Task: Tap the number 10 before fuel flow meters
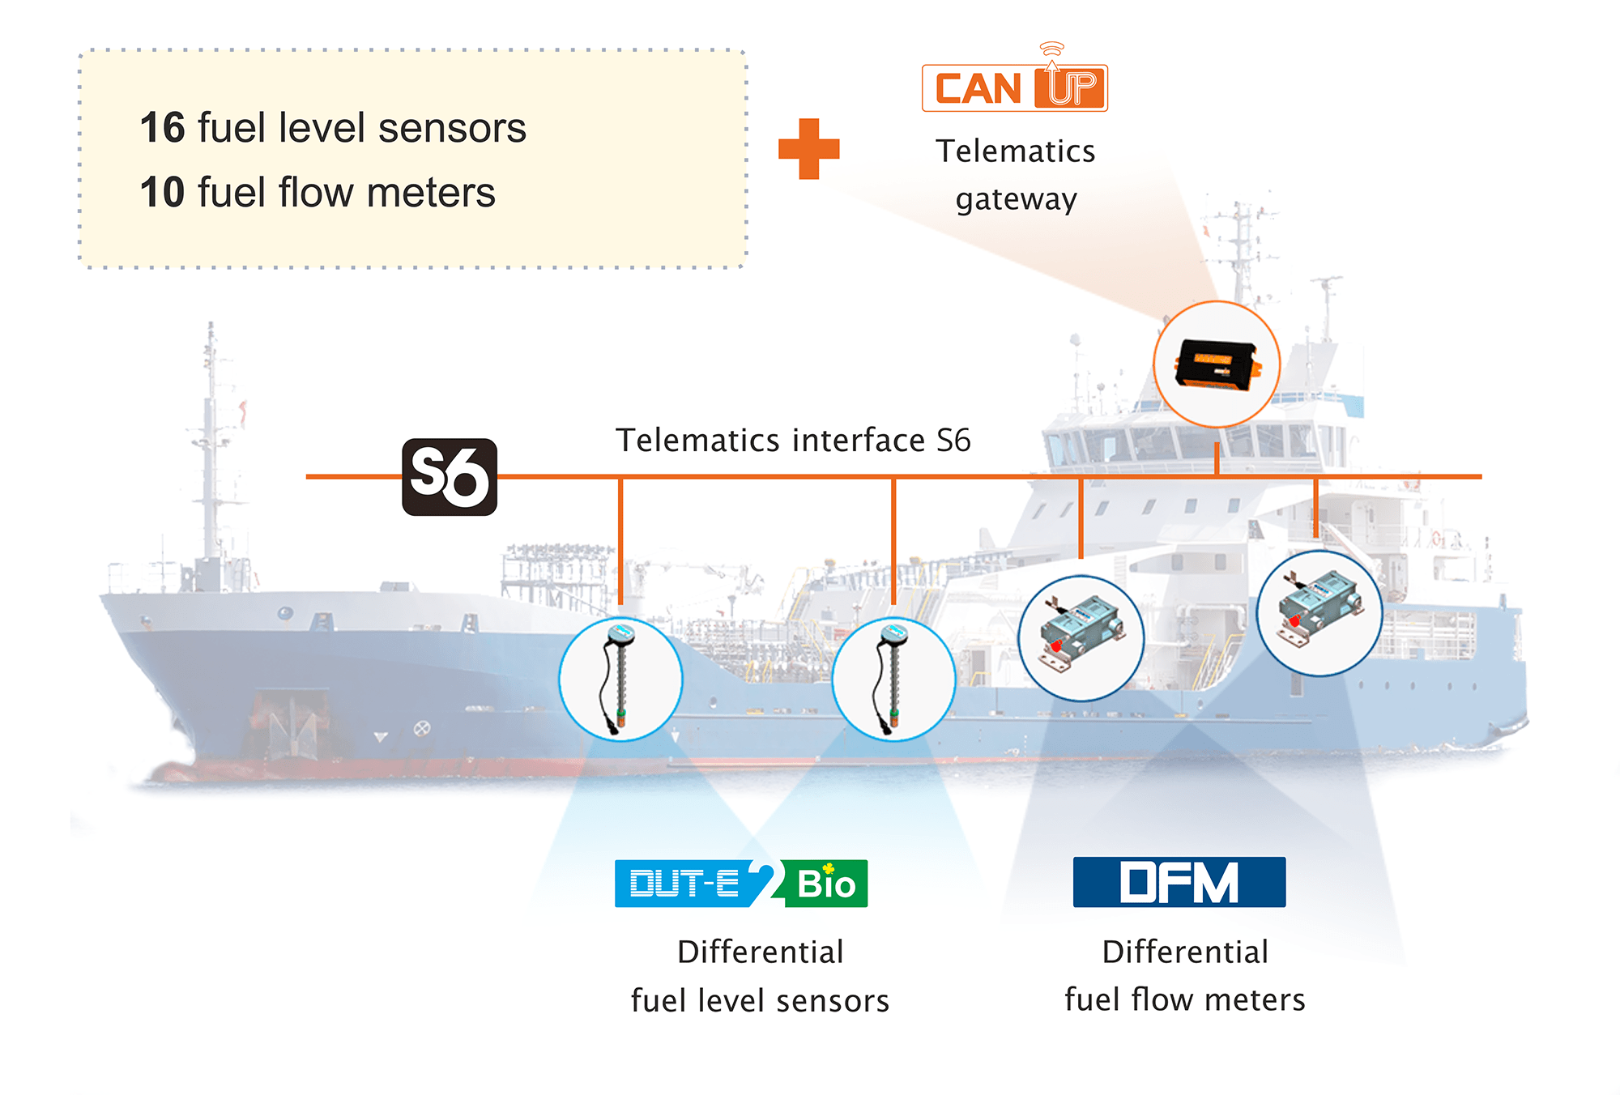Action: click(x=162, y=193)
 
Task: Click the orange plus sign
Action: click(x=808, y=149)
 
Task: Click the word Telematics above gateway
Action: click(x=1015, y=151)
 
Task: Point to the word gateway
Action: click(x=1016, y=199)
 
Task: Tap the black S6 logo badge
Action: click(x=450, y=477)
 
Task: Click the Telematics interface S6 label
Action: click(x=793, y=441)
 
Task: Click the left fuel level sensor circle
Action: click(x=620, y=679)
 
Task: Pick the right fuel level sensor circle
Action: click(x=893, y=679)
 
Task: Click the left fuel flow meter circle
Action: click(x=1081, y=637)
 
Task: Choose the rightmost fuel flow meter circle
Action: click(x=1319, y=613)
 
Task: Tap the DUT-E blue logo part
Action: click(x=684, y=884)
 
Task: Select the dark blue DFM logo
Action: click(x=1179, y=882)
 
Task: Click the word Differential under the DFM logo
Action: click(x=1184, y=952)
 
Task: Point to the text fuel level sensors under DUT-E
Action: click(x=760, y=1001)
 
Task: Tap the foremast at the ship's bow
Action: click(x=211, y=454)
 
